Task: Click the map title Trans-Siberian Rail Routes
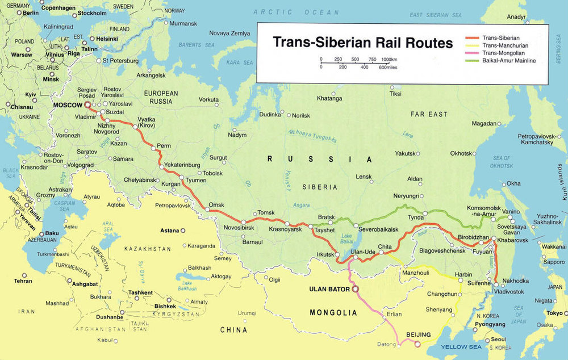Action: (x=362, y=43)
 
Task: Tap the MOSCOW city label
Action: (x=68, y=106)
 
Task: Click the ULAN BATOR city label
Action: (x=329, y=289)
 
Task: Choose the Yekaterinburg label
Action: (x=182, y=165)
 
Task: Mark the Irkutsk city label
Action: (x=325, y=254)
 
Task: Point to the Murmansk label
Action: (x=183, y=23)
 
